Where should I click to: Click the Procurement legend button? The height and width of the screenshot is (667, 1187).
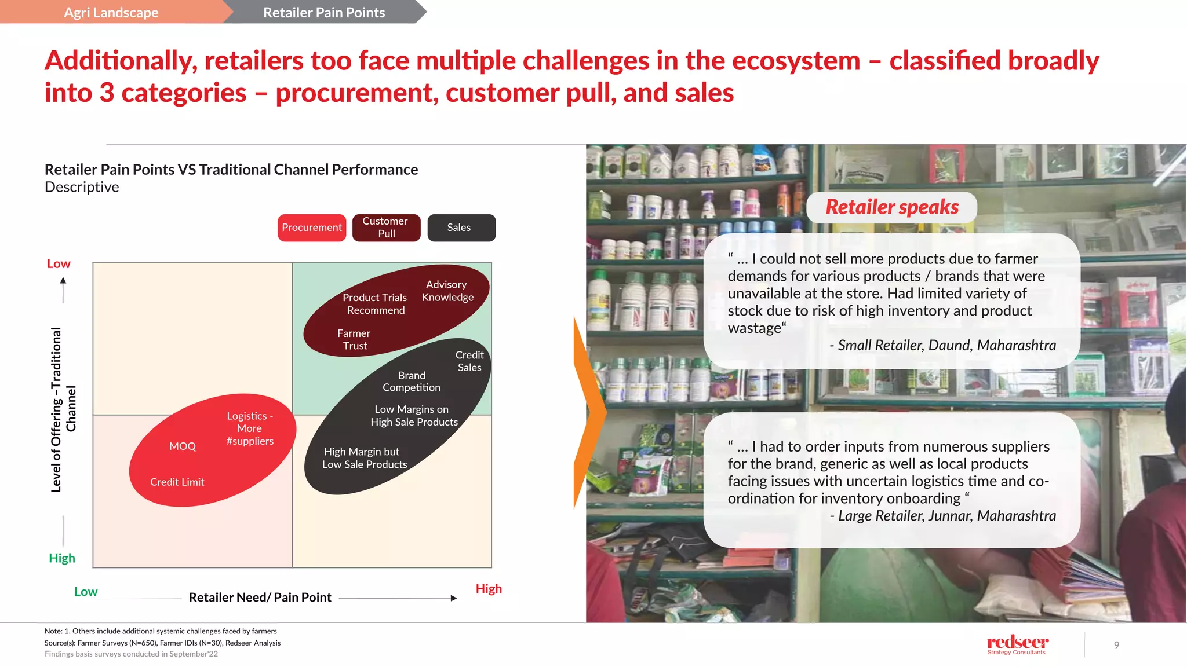(312, 228)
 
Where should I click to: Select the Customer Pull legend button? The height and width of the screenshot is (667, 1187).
(386, 228)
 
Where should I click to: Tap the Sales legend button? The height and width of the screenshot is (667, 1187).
(461, 228)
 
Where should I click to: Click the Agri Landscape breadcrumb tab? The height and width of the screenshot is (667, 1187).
(111, 12)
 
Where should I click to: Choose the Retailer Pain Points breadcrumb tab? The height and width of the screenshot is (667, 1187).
(323, 12)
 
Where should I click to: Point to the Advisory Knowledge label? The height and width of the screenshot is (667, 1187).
(447, 291)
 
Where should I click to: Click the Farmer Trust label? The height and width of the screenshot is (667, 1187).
(354, 339)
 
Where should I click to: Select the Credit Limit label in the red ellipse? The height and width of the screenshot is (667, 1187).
(177, 482)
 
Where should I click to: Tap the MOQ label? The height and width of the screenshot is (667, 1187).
(183, 446)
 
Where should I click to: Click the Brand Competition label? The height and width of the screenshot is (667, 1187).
(412, 382)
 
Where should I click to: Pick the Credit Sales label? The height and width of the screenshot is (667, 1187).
(469, 361)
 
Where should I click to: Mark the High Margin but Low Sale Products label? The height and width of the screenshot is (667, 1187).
(365, 458)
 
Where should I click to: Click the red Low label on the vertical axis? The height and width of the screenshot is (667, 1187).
(59, 263)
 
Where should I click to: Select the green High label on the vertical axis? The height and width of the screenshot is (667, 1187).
(62, 558)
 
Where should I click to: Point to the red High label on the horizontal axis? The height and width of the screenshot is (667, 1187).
(489, 589)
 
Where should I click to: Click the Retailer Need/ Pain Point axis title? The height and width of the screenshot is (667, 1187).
(260, 598)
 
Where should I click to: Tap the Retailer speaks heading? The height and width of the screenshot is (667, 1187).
(891, 207)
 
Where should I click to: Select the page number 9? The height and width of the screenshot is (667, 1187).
(1116, 645)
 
